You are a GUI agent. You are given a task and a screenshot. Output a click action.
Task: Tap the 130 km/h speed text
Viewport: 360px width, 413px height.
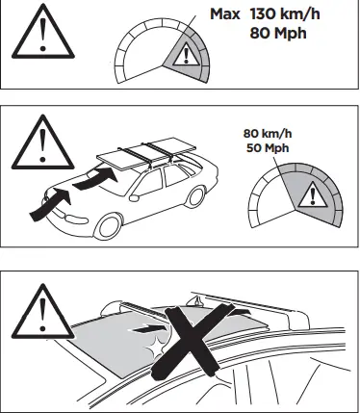coord(293,13)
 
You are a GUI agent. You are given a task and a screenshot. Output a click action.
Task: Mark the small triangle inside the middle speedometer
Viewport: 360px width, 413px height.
coord(309,197)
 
